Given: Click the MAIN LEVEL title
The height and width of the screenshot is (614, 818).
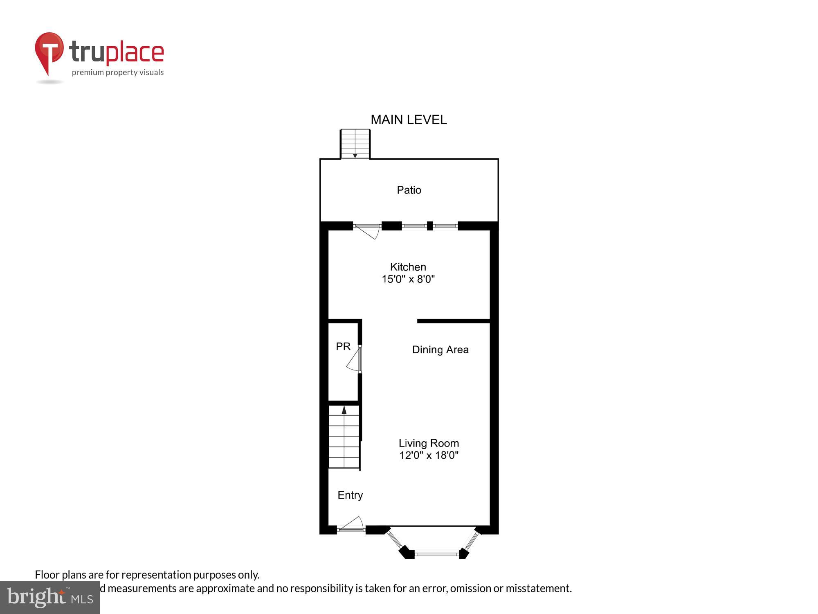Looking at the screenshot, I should (409, 120).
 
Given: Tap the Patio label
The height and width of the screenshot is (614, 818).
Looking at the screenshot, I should (409, 190).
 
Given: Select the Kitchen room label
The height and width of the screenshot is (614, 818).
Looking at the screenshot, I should (408, 267).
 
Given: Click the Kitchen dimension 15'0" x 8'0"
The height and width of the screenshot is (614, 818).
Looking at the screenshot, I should (408, 279).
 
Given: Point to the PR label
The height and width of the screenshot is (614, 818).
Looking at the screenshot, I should (343, 346).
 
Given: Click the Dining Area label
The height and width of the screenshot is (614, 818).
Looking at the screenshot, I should (440, 350).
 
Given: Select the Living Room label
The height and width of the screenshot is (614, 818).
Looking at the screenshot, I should (429, 443).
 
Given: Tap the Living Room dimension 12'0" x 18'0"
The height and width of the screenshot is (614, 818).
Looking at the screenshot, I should (429, 455).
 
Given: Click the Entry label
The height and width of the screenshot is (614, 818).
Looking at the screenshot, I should (350, 495).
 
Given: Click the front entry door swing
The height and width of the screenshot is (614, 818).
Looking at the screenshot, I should (353, 524).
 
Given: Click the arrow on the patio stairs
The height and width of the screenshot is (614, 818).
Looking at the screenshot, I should (355, 155).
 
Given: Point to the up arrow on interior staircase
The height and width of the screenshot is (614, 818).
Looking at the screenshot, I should (344, 410).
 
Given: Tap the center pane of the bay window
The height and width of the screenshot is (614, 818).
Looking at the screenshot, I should (437, 554).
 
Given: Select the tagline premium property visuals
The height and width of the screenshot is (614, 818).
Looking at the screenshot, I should (118, 73).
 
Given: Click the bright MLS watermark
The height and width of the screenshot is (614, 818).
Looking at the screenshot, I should (50, 598).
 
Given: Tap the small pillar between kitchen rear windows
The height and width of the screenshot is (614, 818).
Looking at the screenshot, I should (430, 226).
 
